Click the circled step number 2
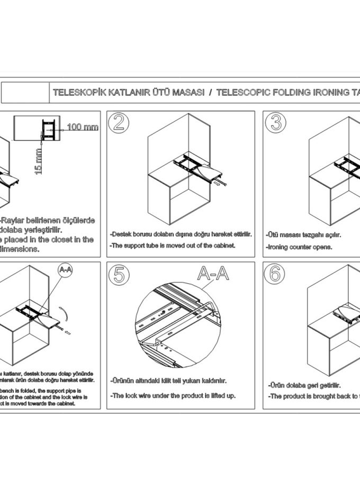[119, 122]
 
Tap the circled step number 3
[275, 122]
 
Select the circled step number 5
[119, 274]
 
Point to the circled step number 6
[275, 274]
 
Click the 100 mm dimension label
[83, 128]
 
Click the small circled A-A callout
[65, 270]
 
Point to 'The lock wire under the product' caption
[173, 395]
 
